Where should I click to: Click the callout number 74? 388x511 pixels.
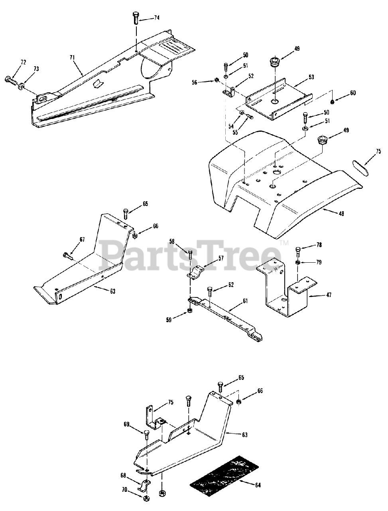[156, 18]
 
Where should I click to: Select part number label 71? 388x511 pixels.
[72, 58]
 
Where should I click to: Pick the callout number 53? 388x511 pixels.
[311, 77]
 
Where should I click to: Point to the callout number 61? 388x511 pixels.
[245, 301]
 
